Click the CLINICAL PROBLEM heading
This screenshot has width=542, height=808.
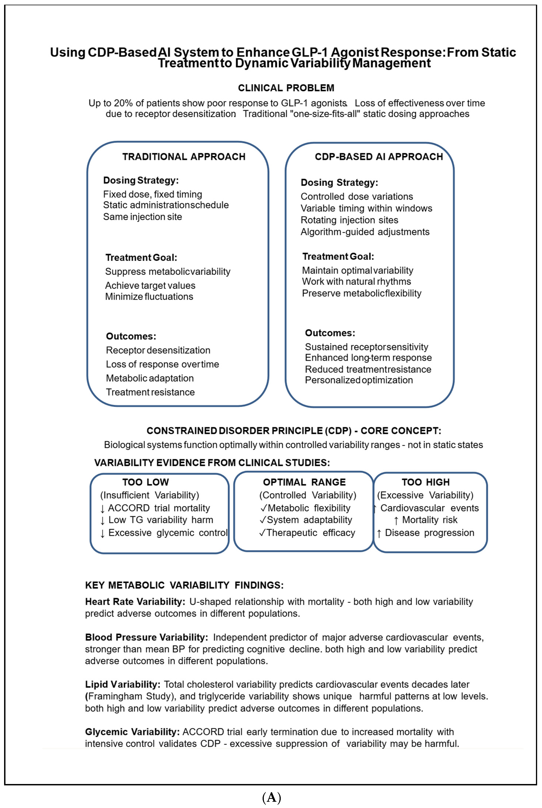286,88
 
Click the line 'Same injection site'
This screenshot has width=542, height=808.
142,217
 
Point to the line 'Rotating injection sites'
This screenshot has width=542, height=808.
349,220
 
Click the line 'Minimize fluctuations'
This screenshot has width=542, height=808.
149,297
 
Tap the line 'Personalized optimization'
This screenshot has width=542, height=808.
359,380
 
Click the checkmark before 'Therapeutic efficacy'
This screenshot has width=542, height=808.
263,533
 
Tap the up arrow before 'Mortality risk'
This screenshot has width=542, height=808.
396,520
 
